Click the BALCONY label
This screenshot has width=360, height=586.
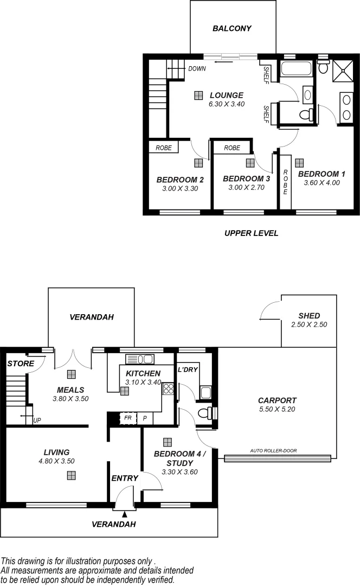point(232,28)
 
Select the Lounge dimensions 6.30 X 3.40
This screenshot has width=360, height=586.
point(226,104)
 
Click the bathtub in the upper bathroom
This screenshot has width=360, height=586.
point(296,69)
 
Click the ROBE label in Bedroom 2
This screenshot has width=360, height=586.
point(164,148)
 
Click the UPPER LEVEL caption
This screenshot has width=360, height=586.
point(251,233)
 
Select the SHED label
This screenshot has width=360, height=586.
point(309,316)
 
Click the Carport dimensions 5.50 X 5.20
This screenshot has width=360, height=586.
point(277,409)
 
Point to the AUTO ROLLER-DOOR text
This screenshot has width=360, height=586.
point(273,450)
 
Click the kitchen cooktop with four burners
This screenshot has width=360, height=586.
point(169,388)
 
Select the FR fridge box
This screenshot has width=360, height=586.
point(128,418)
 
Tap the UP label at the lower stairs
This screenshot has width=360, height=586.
point(37,421)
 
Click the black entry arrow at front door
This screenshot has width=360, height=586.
point(125,513)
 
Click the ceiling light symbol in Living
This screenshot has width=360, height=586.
point(70,475)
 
